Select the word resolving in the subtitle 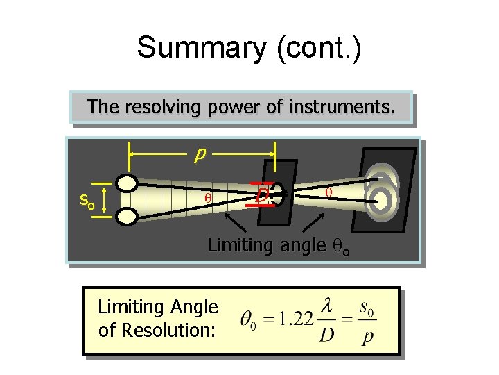click(158, 107)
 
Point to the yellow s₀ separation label click(87, 201)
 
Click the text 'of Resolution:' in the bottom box click(157, 330)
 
